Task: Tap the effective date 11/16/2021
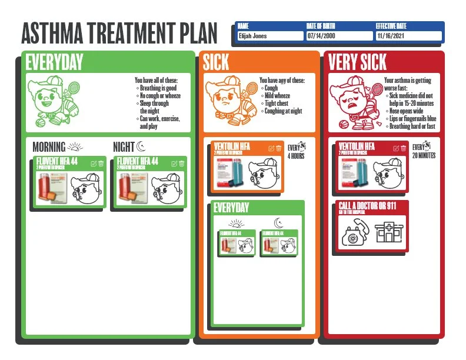[408, 36]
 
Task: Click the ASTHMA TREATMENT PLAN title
[118, 33]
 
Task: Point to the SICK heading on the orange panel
[216, 62]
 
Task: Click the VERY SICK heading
[357, 62]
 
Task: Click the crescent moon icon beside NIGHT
[140, 146]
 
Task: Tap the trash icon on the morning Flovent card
[101, 163]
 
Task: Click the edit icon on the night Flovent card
[174, 163]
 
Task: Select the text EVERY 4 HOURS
[295, 152]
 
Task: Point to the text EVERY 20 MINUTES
[424, 151]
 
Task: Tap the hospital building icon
[388, 233]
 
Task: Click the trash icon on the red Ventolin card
[404, 148]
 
